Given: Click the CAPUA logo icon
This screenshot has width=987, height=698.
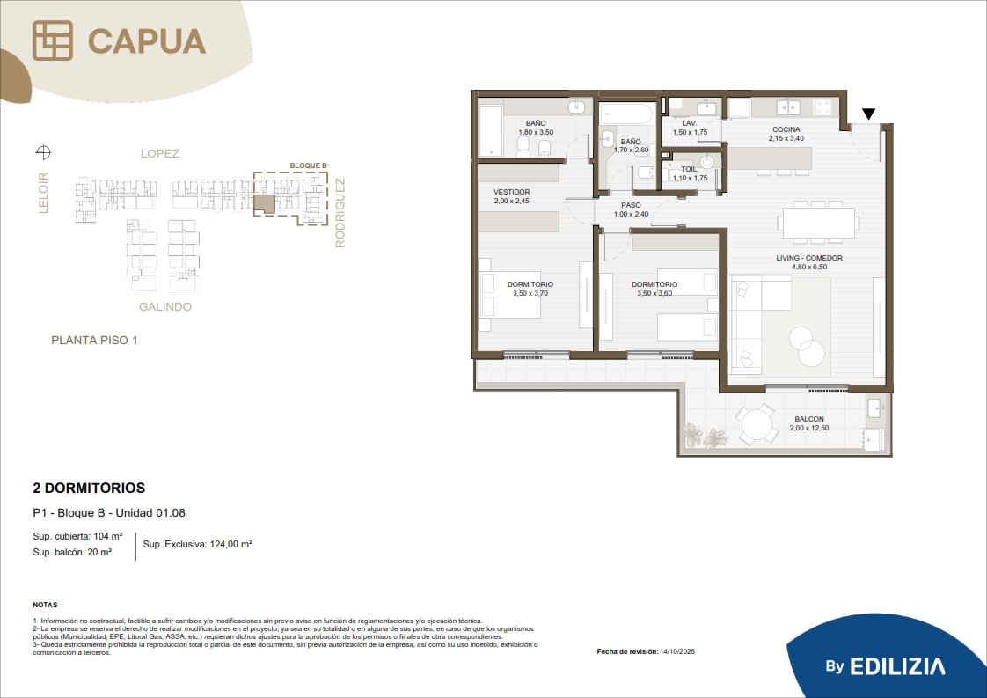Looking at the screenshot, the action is [53, 40].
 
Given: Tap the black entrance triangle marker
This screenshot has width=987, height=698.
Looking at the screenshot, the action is [868, 114].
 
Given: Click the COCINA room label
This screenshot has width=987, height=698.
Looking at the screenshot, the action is [786, 129].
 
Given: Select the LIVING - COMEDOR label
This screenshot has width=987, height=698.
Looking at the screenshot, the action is [808, 258].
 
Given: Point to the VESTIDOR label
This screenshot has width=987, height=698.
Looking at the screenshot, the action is [512, 192].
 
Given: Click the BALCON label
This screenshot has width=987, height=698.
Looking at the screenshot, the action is [809, 419].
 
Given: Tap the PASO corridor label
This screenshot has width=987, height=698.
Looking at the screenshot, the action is [632, 205].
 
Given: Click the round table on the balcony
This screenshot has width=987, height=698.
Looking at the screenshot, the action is [756, 424].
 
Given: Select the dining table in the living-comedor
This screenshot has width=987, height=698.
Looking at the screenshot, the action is [818, 223].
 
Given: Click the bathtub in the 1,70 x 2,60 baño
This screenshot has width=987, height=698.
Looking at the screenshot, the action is [626, 114].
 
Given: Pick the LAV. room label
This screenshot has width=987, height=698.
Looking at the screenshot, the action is [690, 123].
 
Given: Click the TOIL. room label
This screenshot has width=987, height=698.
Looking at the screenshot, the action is [690, 169].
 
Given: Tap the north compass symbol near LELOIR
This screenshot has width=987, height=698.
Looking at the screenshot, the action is [43, 151].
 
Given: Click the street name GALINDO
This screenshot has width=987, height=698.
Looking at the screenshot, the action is [164, 307].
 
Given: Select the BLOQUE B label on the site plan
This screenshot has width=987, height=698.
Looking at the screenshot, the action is [309, 165].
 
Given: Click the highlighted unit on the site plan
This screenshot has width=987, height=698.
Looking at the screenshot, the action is [265, 204].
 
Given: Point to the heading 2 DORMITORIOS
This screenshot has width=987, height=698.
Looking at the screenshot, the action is [89, 489].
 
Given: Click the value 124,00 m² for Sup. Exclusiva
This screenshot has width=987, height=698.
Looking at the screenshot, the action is [227, 544].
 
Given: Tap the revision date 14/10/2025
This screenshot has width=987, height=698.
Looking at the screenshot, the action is [677, 651].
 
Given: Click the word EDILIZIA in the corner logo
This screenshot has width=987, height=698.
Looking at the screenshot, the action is [897, 666].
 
